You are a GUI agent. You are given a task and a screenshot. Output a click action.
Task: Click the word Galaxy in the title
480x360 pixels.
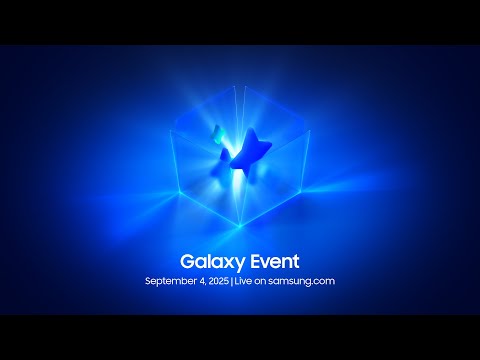[x=209, y=261]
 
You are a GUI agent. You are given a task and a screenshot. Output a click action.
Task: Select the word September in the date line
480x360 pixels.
[x=173, y=281]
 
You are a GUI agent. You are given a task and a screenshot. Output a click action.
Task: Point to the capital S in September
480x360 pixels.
[x=148, y=281]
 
